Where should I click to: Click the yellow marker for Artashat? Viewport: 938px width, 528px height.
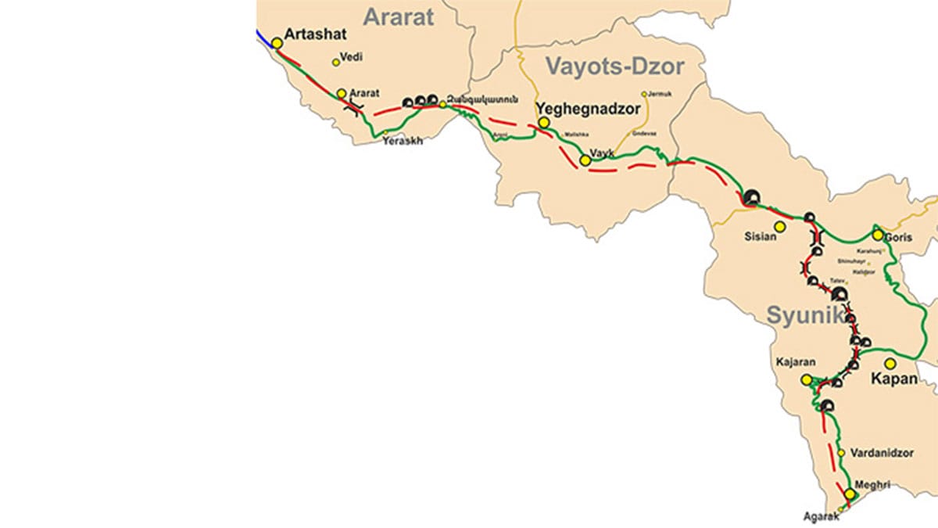277,43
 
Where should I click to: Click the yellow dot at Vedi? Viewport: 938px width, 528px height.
336,63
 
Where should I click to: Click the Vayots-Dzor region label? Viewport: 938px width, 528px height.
614,66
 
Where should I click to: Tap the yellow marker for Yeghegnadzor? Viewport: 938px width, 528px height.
544,123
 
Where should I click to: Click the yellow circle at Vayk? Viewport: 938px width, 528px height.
585,160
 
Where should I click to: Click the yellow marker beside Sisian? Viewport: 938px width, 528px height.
779,227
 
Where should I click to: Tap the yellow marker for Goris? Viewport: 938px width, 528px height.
878,235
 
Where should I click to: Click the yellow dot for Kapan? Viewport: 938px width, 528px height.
890,363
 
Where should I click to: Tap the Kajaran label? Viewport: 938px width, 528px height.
797,362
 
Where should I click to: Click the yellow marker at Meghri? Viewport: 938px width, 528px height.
850,494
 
